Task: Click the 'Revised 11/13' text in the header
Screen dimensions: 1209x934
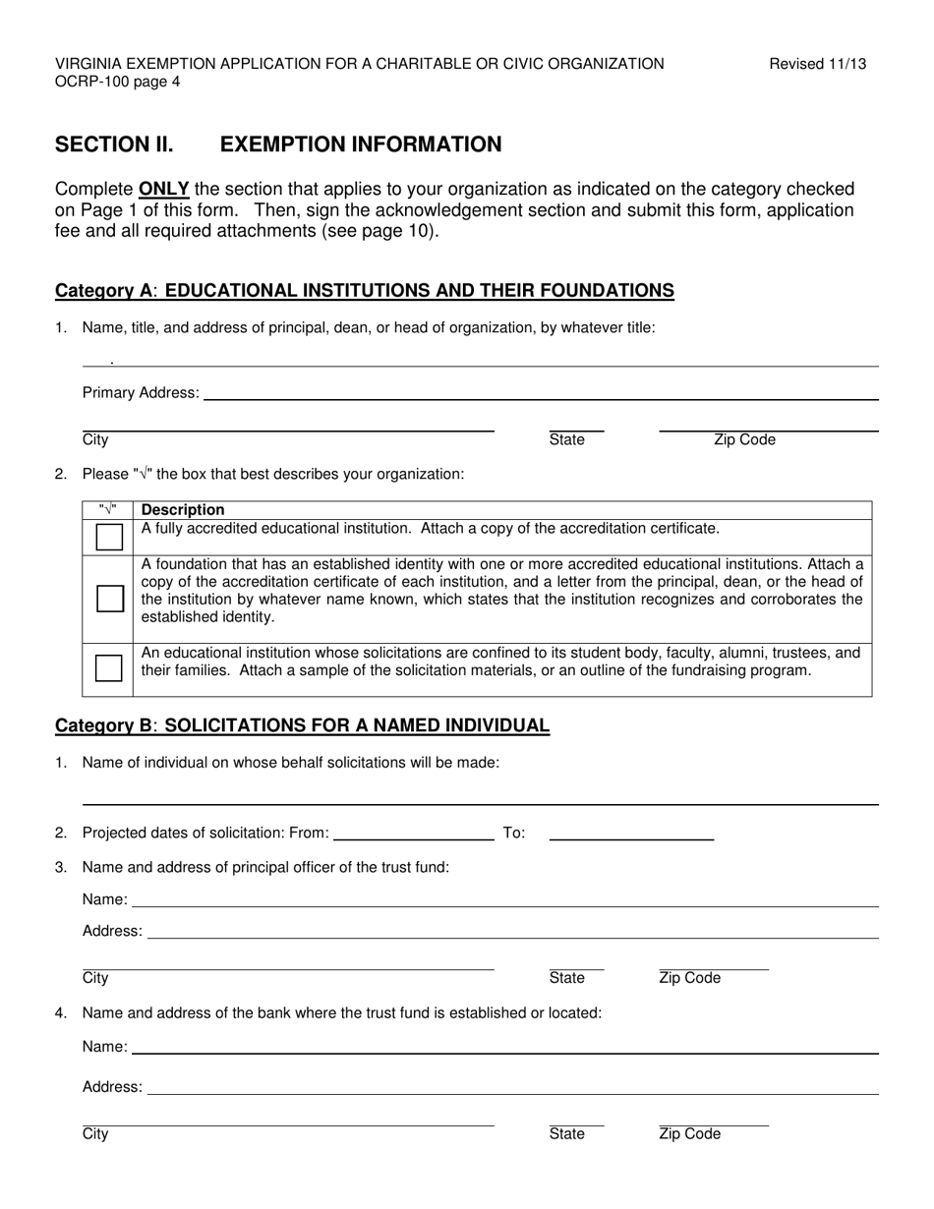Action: [x=817, y=64]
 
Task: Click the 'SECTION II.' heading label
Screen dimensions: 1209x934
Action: [x=114, y=144]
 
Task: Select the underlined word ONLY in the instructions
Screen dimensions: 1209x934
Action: [x=163, y=189]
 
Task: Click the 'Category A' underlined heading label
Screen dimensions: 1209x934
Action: [x=104, y=290]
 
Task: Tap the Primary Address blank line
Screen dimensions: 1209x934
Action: [x=539, y=396]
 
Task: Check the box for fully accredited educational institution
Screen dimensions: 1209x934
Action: [x=109, y=537]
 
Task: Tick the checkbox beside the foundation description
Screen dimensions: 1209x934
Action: [x=109, y=599]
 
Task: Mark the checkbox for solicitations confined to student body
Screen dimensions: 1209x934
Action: [x=109, y=668]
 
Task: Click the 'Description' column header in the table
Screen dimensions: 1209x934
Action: [x=183, y=509]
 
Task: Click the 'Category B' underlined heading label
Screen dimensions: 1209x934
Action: [x=104, y=725]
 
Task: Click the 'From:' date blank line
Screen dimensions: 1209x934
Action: [x=413, y=837]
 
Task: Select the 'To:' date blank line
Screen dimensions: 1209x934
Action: [x=631, y=837]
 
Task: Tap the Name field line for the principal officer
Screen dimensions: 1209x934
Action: [x=504, y=904]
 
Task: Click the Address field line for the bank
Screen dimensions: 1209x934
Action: [x=512, y=1092]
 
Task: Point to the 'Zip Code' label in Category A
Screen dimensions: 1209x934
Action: [x=744, y=439]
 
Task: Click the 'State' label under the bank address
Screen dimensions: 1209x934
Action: [x=566, y=1133]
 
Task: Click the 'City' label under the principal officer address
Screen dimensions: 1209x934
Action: [x=95, y=978]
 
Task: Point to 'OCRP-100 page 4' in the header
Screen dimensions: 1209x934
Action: [x=117, y=83]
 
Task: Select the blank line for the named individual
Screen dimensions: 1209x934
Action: [x=480, y=801]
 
